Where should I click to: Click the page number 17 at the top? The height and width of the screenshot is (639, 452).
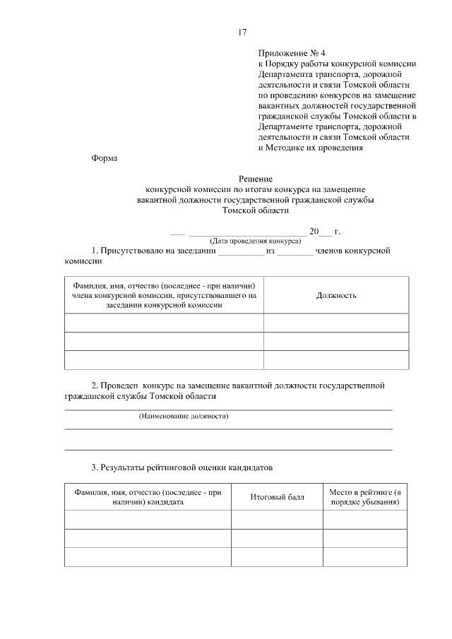pyautogui.click(x=242, y=32)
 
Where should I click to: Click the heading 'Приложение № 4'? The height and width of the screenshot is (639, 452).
pyautogui.click(x=291, y=53)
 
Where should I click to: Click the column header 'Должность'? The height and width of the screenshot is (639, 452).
pyautogui.click(x=335, y=295)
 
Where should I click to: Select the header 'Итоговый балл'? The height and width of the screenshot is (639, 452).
pyautogui.click(x=277, y=497)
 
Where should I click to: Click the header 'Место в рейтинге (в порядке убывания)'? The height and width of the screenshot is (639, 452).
pyautogui.click(x=364, y=497)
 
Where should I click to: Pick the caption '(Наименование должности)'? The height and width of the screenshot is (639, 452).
pyautogui.click(x=184, y=416)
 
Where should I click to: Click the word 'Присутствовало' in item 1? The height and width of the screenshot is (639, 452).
pyautogui.click(x=135, y=251)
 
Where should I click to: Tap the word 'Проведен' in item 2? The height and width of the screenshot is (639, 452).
pyautogui.click(x=120, y=386)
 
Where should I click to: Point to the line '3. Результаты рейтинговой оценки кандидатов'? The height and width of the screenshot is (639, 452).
pyautogui.click(x=181, y=467)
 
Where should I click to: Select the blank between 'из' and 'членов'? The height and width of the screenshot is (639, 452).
pyautogui.click(x=295, y=251)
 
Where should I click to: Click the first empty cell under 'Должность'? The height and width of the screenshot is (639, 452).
pyautogui.click(x=335, y=323)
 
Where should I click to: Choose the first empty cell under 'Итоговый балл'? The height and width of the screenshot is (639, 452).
pyautogui.click(x=277, y=520)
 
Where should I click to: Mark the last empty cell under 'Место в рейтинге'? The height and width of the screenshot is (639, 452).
pyautogui.click(x=364, y=556)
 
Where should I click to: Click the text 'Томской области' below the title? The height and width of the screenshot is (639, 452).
pyautogui.click(x=255, y=210)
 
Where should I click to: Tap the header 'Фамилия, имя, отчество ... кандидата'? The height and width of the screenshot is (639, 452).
pyautogui.click(x=148, y=497)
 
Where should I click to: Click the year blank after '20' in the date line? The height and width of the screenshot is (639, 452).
pyautogui.click(x=326, y=232)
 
